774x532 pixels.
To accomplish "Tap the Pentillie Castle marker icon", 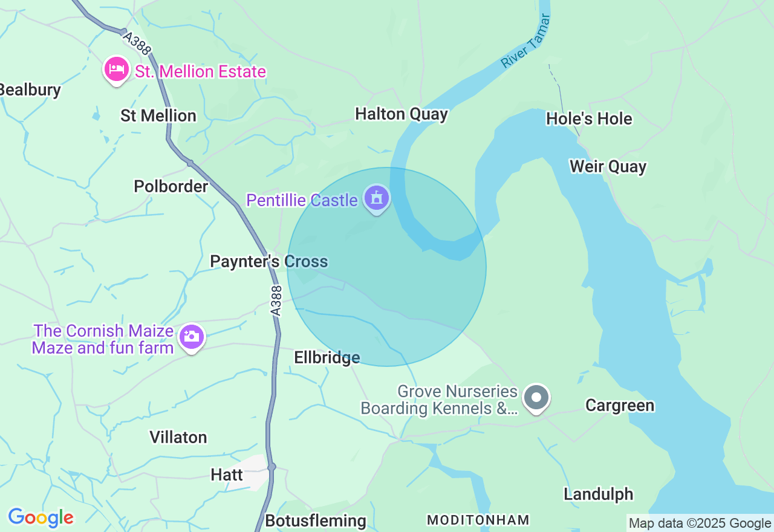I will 377,198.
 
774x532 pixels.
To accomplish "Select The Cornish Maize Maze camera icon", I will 192,337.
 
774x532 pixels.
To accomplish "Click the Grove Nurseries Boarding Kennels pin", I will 536,398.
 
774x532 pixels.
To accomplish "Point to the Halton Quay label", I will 402,114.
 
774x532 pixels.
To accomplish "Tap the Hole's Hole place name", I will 589,118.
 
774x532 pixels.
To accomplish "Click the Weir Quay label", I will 608,166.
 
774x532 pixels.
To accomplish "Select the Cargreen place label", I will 620,405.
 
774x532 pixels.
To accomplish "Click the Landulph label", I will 598,494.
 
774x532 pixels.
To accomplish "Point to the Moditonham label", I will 478,520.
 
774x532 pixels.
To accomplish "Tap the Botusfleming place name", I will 316,521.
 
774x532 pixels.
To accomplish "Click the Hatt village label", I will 227,475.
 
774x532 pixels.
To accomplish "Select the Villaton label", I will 178,437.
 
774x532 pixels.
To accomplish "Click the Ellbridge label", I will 327,358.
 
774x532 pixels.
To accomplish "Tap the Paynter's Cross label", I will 269,262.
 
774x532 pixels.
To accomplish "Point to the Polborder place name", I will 171,186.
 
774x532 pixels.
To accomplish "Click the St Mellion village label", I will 158,115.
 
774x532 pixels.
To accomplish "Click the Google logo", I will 41,518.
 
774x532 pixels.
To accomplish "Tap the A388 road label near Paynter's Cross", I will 276,300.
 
